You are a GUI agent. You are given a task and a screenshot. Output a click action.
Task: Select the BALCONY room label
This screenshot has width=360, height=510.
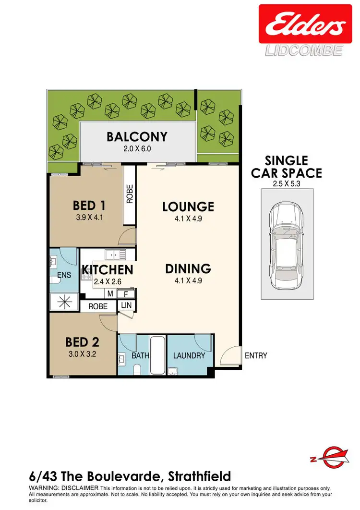pos(137,137)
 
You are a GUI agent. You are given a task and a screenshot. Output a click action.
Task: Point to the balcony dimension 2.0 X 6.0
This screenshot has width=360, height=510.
pos(137,149)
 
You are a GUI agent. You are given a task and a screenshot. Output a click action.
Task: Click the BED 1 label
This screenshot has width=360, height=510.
pos(89,206)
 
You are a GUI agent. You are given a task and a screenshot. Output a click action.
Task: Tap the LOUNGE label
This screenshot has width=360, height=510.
pos(188,207)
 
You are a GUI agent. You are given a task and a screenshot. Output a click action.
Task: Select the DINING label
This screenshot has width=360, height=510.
pos(188,268)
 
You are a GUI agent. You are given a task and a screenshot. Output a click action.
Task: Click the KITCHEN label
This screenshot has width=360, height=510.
pos(107,270)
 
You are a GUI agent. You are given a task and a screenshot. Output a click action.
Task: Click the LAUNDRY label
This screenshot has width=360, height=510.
pos(189,356)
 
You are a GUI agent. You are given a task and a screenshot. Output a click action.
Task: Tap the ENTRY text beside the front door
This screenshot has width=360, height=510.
pos(256,356)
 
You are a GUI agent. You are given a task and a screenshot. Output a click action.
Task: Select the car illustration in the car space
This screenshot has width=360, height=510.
pos(286,244)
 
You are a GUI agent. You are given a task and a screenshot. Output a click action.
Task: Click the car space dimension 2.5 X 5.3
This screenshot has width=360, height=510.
pos(286,182)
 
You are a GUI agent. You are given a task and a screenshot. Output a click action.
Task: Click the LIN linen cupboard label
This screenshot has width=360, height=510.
pos(127,305)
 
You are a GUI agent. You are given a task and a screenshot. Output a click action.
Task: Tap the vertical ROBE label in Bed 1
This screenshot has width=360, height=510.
pos(130,194)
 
